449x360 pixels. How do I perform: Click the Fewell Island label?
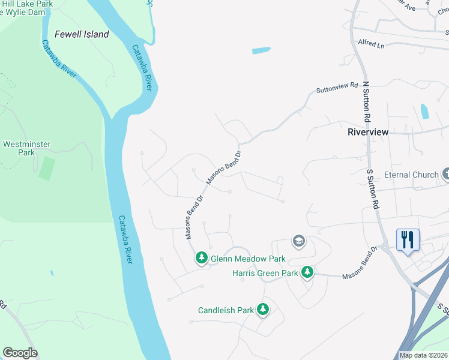pos(82,34)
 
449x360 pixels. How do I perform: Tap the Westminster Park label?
pos(27,148)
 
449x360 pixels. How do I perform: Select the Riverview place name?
pos(368,132)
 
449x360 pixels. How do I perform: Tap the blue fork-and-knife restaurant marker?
pos(408,240)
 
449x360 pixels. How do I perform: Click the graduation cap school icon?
pos(298,241)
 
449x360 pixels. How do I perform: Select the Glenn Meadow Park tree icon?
pos(202,258)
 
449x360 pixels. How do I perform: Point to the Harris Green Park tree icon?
pos(307,272)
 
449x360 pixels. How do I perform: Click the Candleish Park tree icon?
pos(262,310)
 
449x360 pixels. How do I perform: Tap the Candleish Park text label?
pos(226,310)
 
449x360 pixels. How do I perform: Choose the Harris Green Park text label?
pos(265,273)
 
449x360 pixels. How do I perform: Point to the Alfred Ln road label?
pos(370,44)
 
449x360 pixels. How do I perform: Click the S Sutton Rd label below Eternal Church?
pos(373,189)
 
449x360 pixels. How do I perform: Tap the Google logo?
pos(20,353)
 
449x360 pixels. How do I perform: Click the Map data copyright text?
pos(423,355)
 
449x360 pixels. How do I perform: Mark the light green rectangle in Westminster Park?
pos(46,168)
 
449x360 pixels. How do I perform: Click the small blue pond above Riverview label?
pos(425,111)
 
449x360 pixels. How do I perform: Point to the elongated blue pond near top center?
pos(262,50)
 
